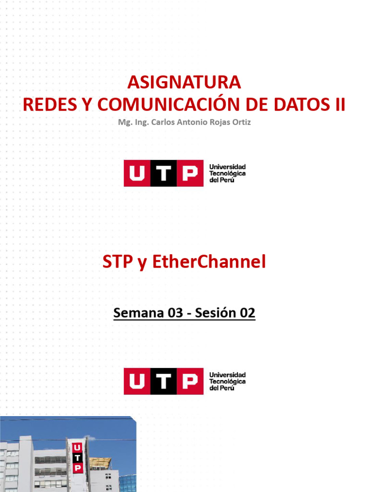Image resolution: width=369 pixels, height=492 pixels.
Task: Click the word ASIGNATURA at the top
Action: click(184, 83)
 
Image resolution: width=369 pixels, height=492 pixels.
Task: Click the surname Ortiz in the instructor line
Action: click(240, 122)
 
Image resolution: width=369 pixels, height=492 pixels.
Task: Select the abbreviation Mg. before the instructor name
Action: click(124, 122)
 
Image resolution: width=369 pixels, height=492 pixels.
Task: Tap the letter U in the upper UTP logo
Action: click(137, 173)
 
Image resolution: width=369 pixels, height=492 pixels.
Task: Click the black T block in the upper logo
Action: click(163, 173)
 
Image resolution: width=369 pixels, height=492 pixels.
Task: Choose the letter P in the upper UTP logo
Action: click(190, 173)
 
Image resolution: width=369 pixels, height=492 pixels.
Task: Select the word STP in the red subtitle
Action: click(118, 262)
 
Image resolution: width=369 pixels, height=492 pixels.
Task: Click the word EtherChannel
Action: click(209, 262)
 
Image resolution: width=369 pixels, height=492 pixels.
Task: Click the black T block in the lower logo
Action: click(163, 381)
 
